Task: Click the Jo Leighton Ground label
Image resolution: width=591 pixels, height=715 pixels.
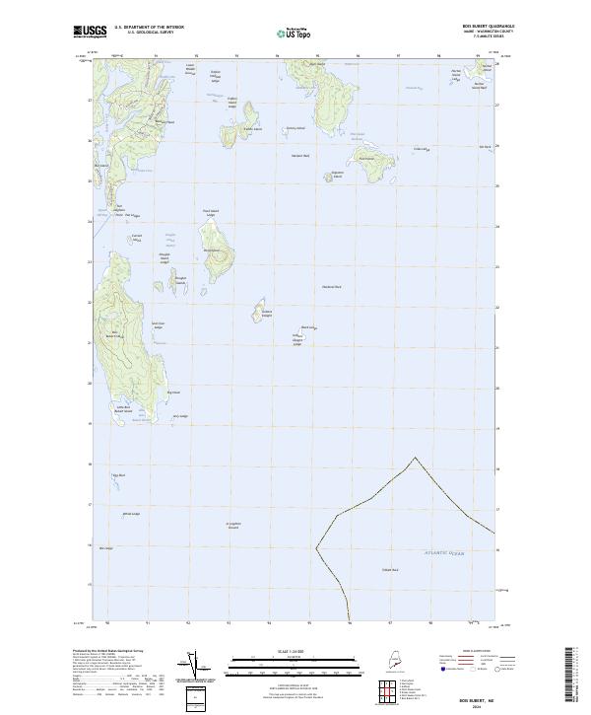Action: (232, 525)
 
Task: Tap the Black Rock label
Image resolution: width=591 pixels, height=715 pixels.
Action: (306, 327)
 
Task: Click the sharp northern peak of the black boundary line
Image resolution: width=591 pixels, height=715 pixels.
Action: (423, 457)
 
